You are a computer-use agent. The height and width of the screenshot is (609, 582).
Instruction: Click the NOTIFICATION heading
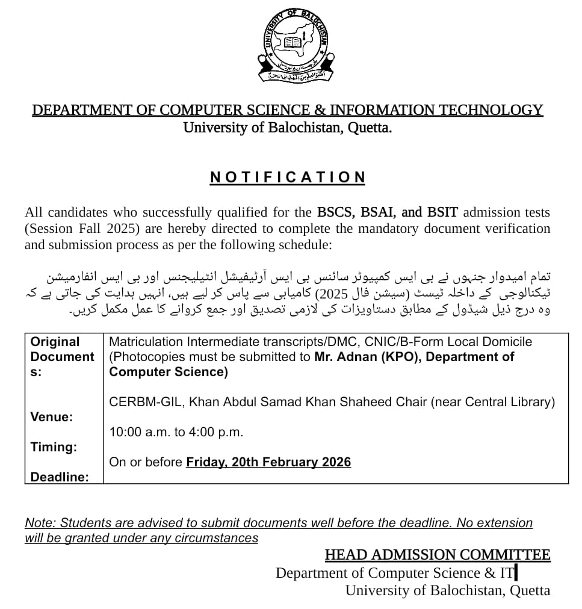(288, 178)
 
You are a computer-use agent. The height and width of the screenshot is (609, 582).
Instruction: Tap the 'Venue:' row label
(51, 417)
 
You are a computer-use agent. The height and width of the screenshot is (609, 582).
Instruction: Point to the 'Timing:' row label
(54, 447)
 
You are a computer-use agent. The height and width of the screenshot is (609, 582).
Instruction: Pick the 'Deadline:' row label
(60, 477)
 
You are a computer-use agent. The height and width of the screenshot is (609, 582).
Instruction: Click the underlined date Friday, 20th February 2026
(268, 462)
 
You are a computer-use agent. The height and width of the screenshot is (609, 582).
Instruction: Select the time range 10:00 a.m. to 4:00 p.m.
(176, 432)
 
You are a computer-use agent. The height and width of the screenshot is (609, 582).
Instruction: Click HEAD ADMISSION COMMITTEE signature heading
(438, 555)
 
